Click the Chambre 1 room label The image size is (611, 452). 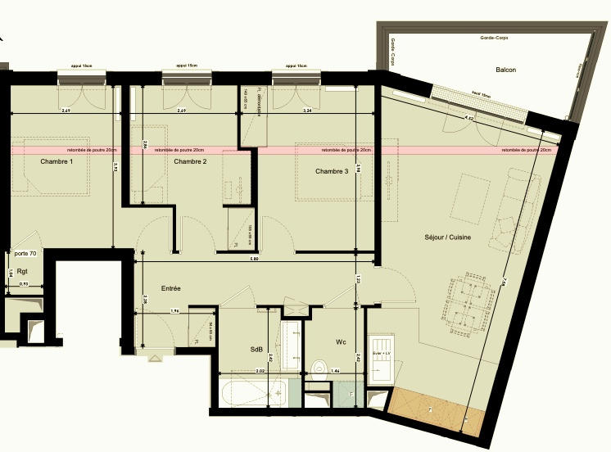pos(57,162)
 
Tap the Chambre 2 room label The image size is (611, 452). pos(190,162)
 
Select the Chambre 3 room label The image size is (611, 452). pos(332,171)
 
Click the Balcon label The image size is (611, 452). pos(505,70)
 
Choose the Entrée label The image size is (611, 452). pos(170,288)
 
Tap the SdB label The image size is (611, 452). pos(256,350)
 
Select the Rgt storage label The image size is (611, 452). pos(22,271)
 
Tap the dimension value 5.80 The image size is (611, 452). pos(255,260)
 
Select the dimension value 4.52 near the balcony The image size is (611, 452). pos(469,118)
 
